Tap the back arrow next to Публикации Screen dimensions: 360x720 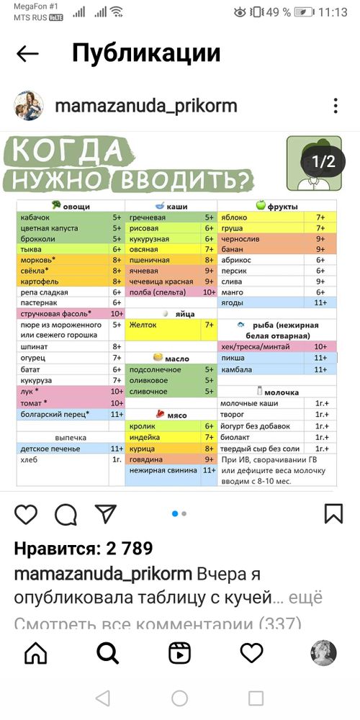[x=27, y=54]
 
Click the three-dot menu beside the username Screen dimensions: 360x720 [x=336, y=106]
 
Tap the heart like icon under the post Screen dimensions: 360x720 [x=26, y=514]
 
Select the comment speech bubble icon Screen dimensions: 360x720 [x=66, y=514]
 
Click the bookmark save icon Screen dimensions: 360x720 [x=333, y=514]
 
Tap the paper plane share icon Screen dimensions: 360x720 [x=106, y=514]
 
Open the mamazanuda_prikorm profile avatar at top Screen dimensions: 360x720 [x=29, y=106]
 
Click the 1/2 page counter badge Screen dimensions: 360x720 [x=323, y=161]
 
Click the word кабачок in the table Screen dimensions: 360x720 [x=36, y=217]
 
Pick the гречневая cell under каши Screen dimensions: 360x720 [x=148, y=217]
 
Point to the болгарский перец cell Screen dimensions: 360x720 [x=54, y=414]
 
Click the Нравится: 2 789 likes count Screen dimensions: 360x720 [x=84, y=549]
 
